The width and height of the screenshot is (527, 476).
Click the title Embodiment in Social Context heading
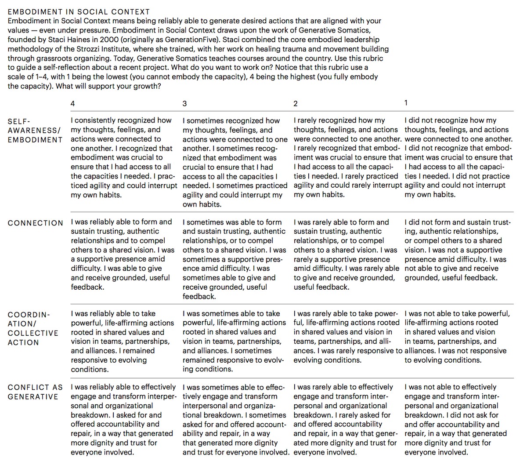point(79,12)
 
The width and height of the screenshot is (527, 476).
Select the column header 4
point(73,104)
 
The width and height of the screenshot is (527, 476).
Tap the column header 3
point(184,104)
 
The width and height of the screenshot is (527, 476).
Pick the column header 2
point(296,104)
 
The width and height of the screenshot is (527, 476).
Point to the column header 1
point(406,103)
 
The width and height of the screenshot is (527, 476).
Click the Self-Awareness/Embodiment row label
point(35,131)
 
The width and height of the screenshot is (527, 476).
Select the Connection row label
point(35,223)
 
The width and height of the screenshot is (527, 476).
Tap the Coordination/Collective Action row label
point(33,328)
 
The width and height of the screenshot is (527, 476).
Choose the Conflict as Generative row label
point(35,392)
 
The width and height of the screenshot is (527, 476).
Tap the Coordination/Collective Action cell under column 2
point(347,337)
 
